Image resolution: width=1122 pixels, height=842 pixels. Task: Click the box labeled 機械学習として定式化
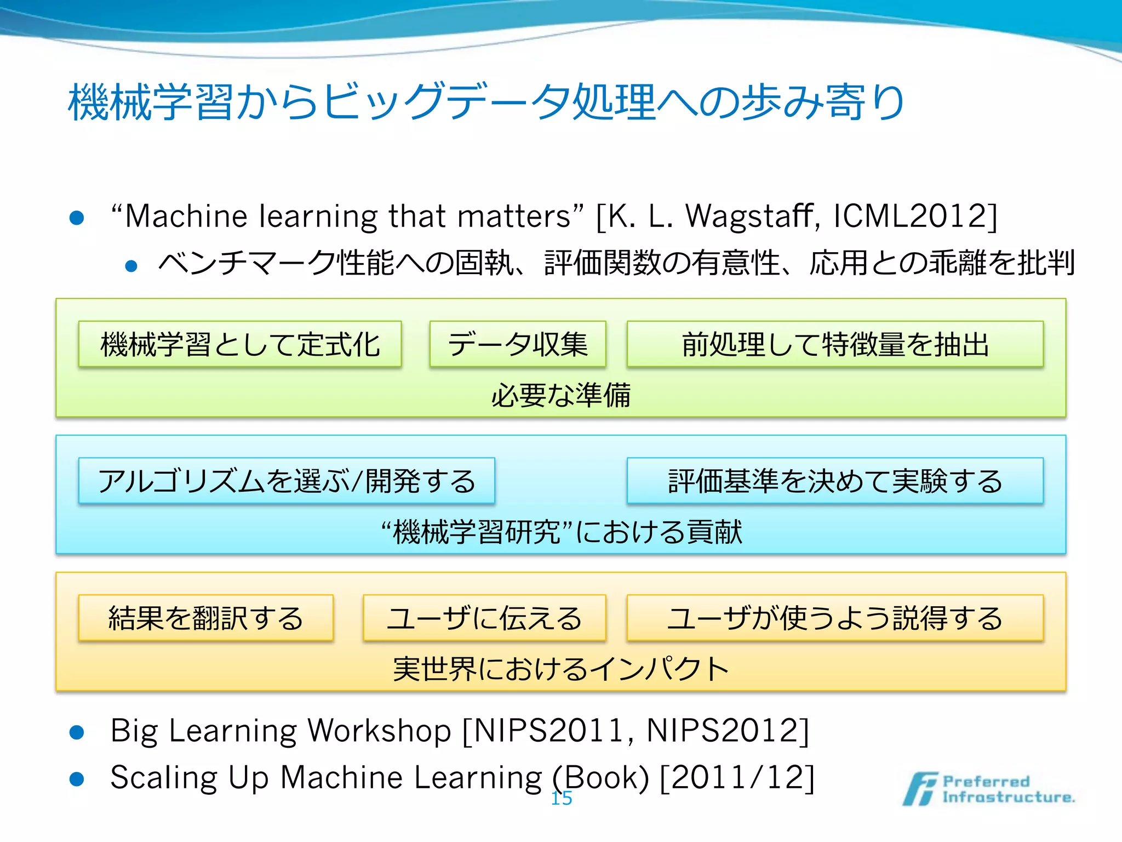240,344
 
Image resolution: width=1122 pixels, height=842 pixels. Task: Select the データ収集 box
518,344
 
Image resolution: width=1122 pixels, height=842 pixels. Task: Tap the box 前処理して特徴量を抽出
835,344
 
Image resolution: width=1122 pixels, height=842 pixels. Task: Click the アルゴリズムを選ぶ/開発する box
287,481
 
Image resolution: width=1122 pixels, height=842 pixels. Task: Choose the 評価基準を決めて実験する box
835,481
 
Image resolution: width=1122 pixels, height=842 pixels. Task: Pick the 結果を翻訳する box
206,618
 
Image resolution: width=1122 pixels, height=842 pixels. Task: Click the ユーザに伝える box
484,618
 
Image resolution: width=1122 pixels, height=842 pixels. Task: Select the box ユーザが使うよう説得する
835,618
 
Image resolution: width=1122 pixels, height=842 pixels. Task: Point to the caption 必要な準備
561,395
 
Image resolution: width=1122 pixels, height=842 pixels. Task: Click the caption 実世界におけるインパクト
561,669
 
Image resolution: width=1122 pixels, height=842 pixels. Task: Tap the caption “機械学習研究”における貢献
561,532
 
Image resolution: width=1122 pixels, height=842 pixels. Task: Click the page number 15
562,799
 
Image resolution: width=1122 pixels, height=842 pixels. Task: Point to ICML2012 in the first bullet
911,216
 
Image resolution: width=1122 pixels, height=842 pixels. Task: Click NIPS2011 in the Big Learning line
549,731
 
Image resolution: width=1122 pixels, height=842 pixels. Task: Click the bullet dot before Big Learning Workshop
77,733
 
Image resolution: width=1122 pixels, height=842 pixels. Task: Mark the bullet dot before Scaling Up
77,780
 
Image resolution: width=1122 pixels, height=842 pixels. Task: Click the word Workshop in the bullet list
379,731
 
